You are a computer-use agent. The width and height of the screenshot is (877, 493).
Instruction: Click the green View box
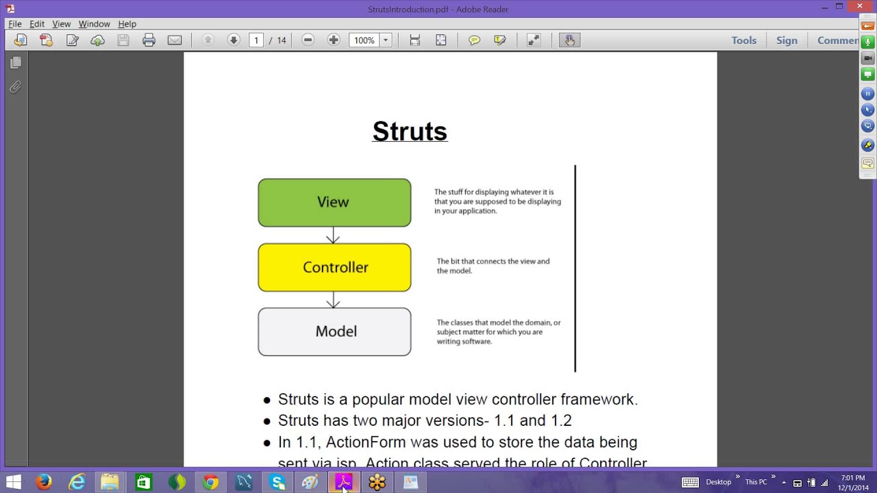[x=334, y=203]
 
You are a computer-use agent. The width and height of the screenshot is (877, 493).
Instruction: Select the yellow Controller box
[x=334, y=268]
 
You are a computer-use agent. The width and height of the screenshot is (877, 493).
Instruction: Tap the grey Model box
[x=334, y=331]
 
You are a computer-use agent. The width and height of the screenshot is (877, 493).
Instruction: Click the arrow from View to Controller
[x=333, y=236]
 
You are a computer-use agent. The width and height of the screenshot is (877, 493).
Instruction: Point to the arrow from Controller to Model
[x=333, y=300]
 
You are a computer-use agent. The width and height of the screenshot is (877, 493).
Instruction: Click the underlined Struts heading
[x=410, y=131]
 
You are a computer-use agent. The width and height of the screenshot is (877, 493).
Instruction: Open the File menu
[x=15, y=24]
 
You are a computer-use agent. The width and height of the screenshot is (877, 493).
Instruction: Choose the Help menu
[x=127, y=24]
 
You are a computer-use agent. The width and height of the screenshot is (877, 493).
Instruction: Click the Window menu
[x=94, y=24]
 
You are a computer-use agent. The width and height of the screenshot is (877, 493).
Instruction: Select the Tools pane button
[x=743, y=40]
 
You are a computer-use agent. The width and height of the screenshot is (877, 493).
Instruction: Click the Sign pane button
[x=787, y=40]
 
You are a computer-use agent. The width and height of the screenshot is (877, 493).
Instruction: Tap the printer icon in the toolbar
[x=149, y=40]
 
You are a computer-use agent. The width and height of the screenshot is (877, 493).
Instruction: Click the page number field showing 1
[x=256, y=40]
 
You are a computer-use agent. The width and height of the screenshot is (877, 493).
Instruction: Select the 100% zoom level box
[x=365, y=40]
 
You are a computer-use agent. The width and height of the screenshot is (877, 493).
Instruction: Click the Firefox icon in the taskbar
[x=44, y=482]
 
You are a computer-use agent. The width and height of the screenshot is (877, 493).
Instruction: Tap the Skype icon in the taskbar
[x=277, y=482]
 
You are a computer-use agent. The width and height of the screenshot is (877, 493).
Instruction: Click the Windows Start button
[x=12, y=482]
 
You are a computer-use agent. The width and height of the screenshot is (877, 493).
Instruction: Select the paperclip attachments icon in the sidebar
[x=15, y=87]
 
